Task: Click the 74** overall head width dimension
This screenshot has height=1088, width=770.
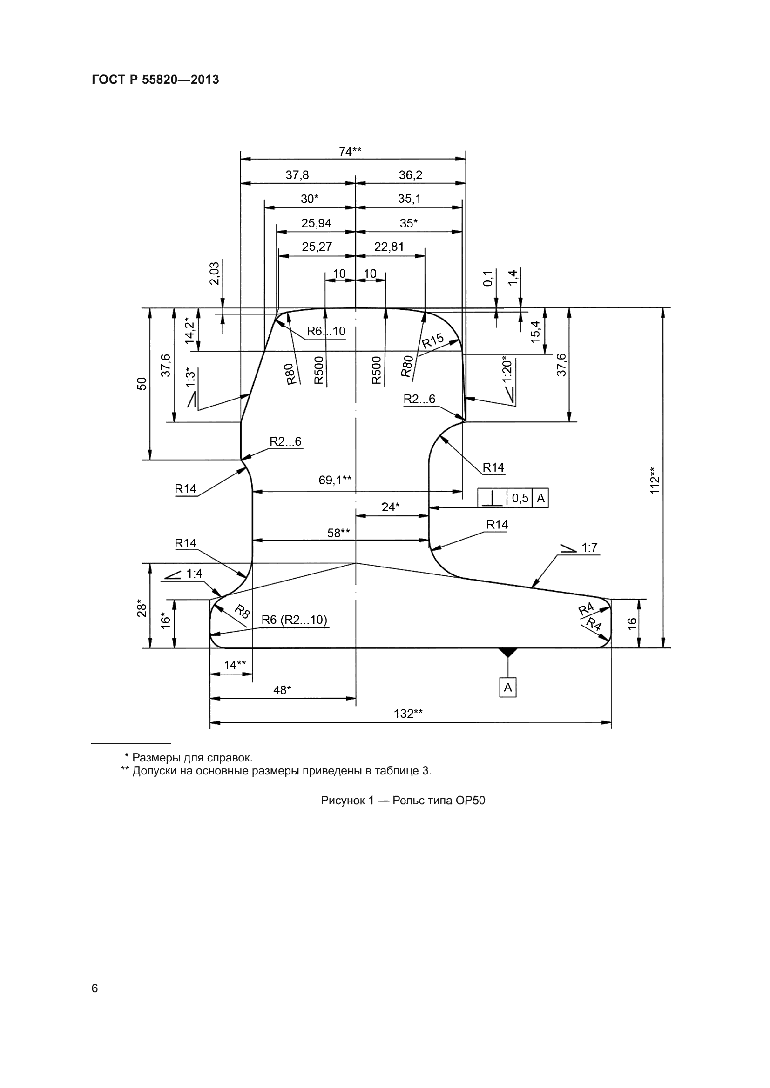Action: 350,152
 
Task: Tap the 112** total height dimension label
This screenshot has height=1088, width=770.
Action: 655,481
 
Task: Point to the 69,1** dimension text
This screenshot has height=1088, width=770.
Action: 335,480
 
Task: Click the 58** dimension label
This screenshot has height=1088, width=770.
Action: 338,533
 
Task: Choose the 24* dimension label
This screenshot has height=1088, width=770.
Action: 390,507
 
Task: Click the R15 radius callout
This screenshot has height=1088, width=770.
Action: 432,340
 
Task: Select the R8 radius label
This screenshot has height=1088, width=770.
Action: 242,612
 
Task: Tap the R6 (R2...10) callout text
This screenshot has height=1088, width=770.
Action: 294,620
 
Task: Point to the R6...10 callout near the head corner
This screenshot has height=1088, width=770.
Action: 326,331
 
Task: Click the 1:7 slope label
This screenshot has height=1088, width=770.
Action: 589,548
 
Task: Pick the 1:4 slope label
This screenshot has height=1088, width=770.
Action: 194,574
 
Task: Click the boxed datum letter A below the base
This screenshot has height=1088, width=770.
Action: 508,687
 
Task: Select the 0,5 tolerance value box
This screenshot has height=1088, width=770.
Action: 520,498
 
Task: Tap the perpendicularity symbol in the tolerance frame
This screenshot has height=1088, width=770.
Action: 492,498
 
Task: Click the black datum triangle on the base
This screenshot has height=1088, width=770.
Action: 508,652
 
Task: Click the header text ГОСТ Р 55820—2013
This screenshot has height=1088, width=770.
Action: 155,80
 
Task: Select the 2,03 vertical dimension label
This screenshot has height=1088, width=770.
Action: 214,274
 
